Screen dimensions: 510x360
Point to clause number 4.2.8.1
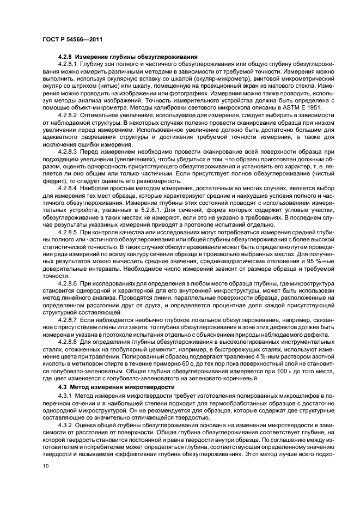tap(69, 64)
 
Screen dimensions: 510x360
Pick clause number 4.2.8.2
tap(69, 114)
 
